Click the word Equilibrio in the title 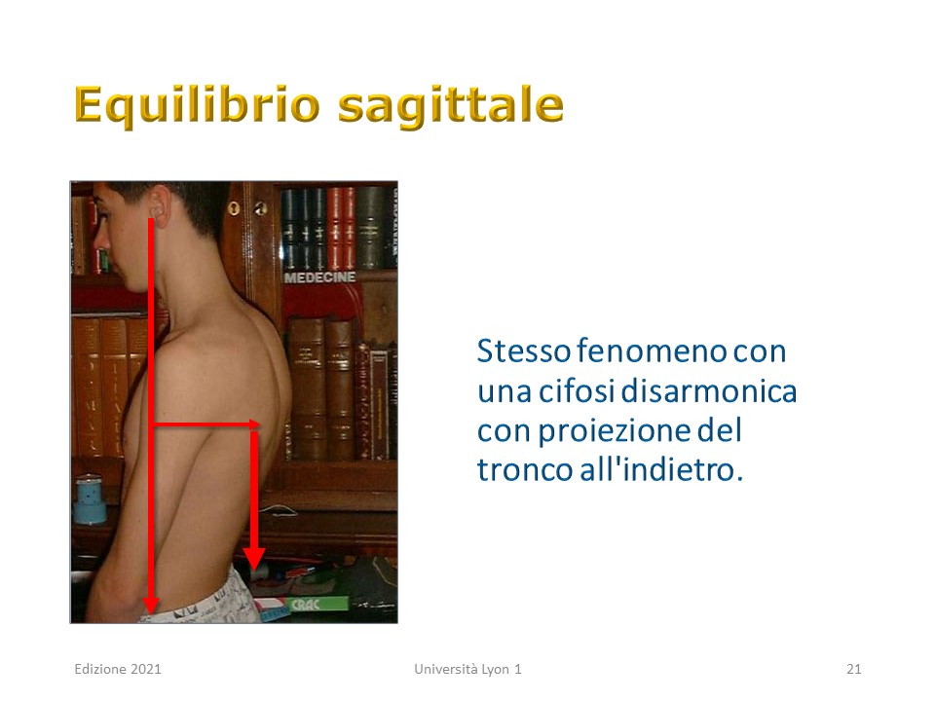coord(198,106)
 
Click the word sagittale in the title coord(450,106)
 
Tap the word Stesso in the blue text coord(524,351)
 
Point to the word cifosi coord(577,391)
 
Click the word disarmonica coord(709,391)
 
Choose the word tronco coord(525,469)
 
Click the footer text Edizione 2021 coord(118,669)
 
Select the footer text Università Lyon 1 coord(468,669)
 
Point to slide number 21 coord(854,669)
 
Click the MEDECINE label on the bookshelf coord(319,277)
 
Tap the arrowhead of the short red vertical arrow coord(254,559)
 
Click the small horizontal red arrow coord(206,424)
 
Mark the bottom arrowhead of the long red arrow coord(151,605)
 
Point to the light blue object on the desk coord(90,499)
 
